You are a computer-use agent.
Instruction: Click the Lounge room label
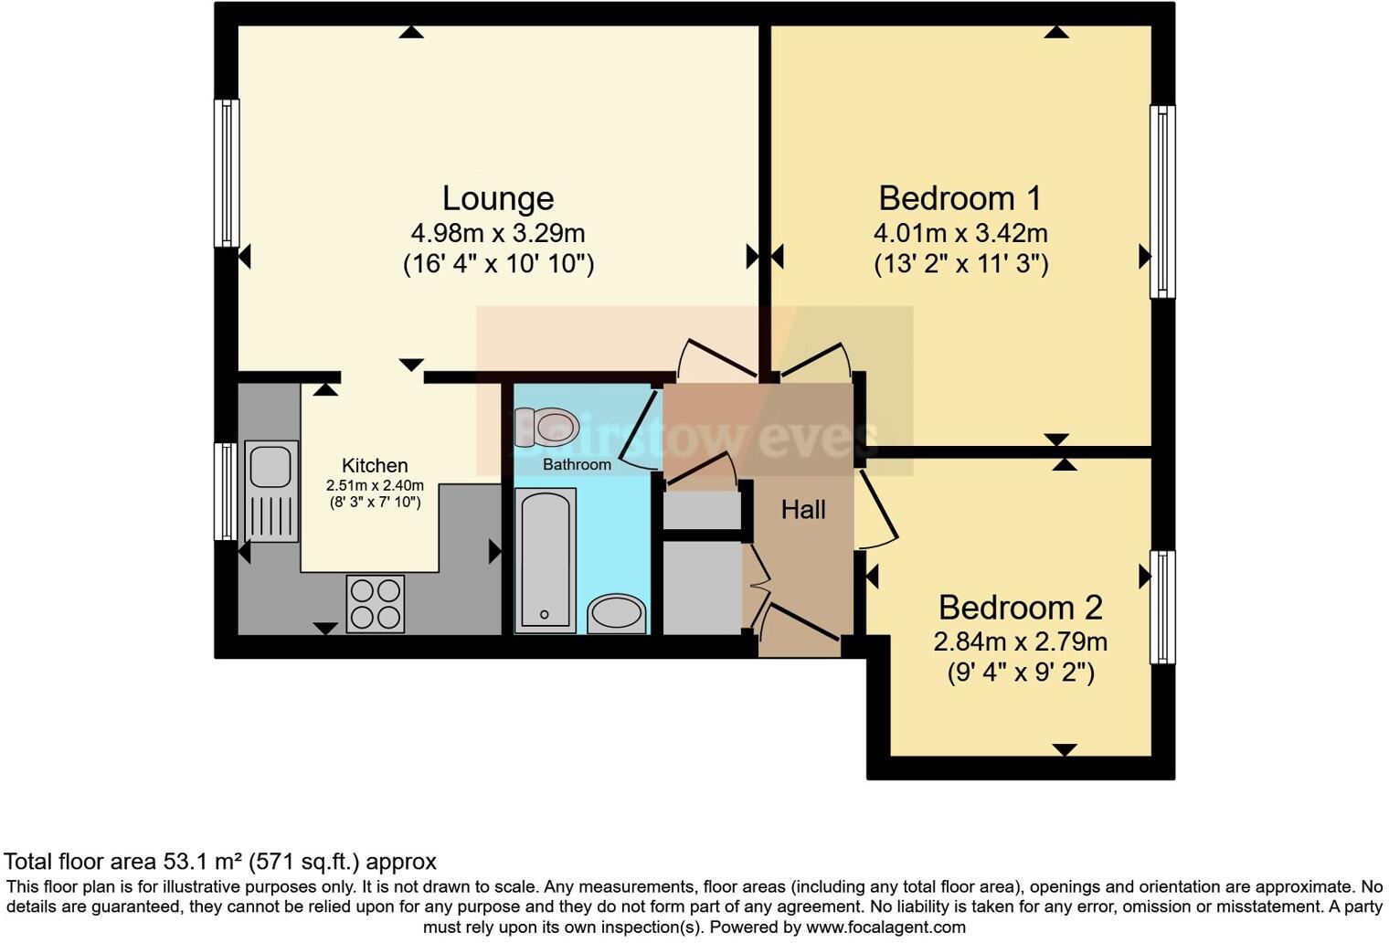498,198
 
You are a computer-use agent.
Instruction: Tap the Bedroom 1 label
960,198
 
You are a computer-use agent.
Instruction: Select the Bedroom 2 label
1020,608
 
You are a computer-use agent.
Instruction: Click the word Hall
803,510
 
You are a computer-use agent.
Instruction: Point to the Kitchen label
375,465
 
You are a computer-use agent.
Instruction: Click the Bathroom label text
577,464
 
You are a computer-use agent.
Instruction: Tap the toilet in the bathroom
547,427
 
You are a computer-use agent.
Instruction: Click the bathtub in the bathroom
546,559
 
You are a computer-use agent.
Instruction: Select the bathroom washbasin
617,613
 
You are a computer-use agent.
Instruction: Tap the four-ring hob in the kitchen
375,603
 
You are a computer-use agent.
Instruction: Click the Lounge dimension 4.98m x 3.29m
498,233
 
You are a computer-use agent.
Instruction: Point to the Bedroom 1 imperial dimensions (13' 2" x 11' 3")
960,264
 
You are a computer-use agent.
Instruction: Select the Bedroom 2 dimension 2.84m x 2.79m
1020,641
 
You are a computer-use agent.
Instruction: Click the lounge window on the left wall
226,173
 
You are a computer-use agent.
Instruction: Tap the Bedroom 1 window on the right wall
1161,202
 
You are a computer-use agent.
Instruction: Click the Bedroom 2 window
1161,607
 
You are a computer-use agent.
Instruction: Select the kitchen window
225,492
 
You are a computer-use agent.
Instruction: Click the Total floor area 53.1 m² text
220,861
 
